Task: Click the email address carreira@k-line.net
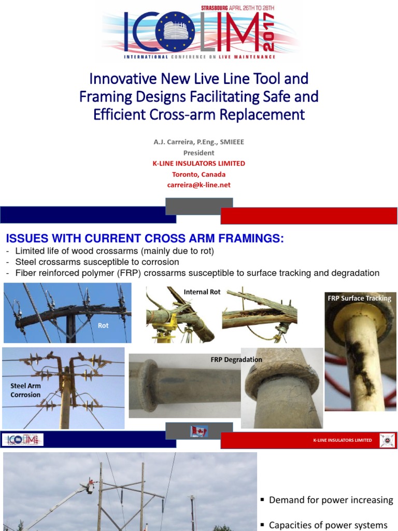tap(198, 185)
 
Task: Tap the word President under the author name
tap(198, 153)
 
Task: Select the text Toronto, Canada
tap(198, 174)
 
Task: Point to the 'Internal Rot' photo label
tap(202, 292)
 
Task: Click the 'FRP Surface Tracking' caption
tap(359, 298)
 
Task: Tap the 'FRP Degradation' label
tap(236, 359)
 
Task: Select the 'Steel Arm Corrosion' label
tap(25, 390)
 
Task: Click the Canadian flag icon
tap(198, 431)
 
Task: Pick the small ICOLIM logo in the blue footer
tap(23, 440)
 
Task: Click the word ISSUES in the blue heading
tap(25, 239)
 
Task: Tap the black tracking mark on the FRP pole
tap(361, 366)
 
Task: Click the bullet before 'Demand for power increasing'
tap(263, 499)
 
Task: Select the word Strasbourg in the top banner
tap(218, 8)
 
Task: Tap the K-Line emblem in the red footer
tap(387, 440)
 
